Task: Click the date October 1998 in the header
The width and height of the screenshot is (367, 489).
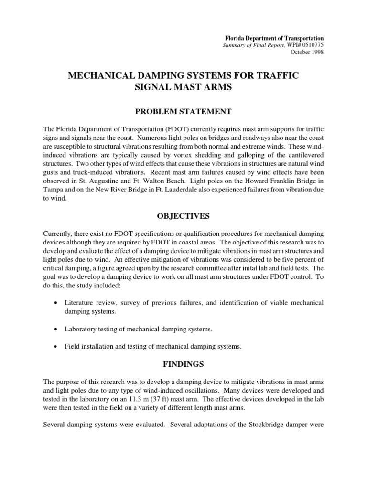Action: pos(309,52)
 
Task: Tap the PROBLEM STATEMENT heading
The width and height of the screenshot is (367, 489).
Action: pos(183,111)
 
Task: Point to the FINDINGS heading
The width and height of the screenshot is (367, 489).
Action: pos(183,364)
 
